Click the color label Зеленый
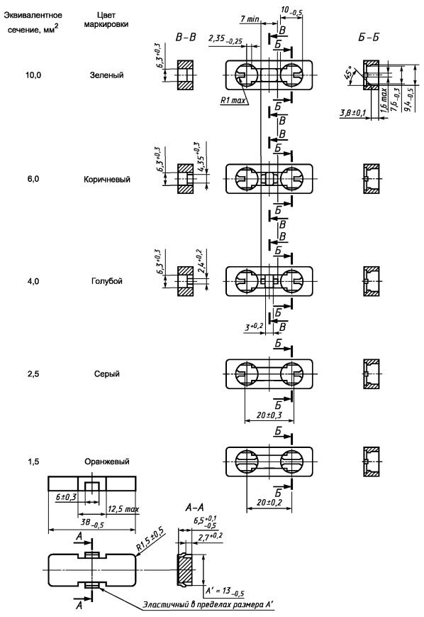[x=106, y=75]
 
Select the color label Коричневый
[x=106, y=179]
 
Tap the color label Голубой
[x=106, y=281]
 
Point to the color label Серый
[x=106, y=373]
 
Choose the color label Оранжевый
[x=106, y=462]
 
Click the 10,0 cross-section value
[x=33, y=75]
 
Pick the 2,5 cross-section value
[x=33, y=373]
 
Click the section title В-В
[x=186, y=38]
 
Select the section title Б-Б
[x=369, y=38]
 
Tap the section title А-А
[x=194, y=508]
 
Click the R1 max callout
[x=233, y=100]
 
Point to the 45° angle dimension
[x=349, y=72]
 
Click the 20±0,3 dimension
[x=269, y=415]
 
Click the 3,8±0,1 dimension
[x=352, y=114]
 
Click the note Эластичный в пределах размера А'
[x=208, y=604]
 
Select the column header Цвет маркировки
[x=106, y=20]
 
